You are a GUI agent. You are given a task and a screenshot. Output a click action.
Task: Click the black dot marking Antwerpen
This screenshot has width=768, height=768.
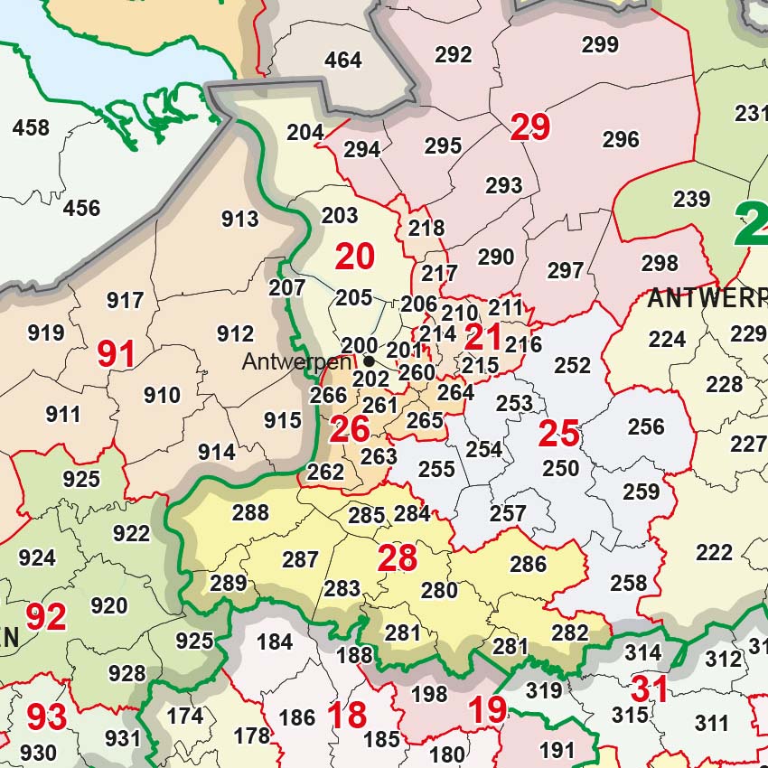[369, 361]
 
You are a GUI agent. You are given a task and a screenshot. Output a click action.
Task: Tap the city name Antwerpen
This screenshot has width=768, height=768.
[295, 362]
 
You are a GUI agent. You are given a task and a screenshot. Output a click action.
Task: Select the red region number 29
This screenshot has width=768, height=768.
[530, 127]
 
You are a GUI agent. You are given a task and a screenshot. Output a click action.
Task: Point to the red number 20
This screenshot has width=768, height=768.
[354, 258]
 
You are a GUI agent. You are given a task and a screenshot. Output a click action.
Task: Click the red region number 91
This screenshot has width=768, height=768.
[117, 354]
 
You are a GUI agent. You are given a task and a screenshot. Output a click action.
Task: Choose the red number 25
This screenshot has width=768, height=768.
[558, 435]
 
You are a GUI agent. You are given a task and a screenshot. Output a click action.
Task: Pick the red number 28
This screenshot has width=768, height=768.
[398, 558]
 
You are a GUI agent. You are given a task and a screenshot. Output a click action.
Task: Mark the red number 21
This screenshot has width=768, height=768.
[483, 338]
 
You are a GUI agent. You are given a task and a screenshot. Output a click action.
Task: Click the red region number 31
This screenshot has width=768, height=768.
[650, 689]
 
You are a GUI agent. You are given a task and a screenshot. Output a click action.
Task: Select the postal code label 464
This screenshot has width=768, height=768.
[343, 61]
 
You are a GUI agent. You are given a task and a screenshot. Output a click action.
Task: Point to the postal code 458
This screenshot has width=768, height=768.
[31, 128]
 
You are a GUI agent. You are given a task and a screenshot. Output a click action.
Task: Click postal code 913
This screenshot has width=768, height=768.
[239, 219]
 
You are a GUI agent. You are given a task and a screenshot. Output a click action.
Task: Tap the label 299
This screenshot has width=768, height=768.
[600, 44]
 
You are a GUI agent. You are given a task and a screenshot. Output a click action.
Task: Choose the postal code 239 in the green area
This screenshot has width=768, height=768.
[691, 199]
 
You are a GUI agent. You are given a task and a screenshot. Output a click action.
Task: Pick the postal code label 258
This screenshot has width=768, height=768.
[629, 583]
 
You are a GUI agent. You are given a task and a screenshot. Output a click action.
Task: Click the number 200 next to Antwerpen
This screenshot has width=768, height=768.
[360, 345]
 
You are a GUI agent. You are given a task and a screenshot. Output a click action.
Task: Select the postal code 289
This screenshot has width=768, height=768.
[228, 583]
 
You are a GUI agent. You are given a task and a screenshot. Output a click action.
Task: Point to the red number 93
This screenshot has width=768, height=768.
[46, 717]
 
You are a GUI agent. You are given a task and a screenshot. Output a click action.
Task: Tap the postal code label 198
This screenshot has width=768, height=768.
[429, 694]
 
